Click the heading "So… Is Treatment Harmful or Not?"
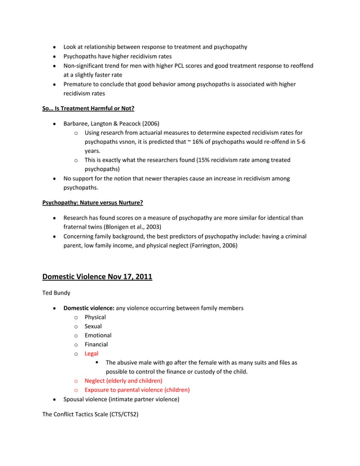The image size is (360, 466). [x=88, y=108]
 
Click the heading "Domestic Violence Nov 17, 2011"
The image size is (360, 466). [x=97, y=276]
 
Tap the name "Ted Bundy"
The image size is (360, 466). [x=56, y=293]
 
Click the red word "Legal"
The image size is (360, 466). [x=91, y=354]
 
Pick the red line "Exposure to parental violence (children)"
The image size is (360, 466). [x=137, y=390]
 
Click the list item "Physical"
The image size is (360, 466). [x=95, y=317]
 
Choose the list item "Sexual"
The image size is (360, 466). [x=93, y=326]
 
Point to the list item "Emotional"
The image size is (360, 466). [x=98, y=335]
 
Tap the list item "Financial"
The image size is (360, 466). [x=96, y=344]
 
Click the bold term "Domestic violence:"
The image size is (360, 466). [x=89, y=308]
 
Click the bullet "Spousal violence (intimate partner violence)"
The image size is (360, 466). [x=121, y=399]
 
